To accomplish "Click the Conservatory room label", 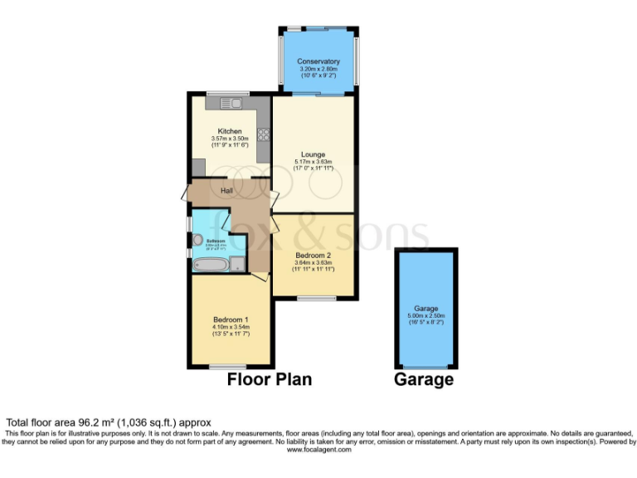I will [x=319, y=61].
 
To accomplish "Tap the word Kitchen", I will [x=230, y=131].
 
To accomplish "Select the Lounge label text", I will [x=314, y=154].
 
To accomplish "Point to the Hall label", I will [x=226, y=191].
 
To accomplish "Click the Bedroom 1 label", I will [x=231, y=319].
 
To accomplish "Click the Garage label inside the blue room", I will [x=425, y=308].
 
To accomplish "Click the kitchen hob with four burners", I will [x=264, y=134].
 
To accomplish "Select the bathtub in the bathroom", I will [x=210, y=265].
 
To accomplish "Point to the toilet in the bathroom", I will [x=197, y=240].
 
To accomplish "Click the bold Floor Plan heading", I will [x=270, y=379].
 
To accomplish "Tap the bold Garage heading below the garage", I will [x=425, y=379].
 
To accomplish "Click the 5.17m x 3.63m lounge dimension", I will [x=314, y=162].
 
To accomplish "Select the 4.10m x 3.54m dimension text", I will [x=231, y=327].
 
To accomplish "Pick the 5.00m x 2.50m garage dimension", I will [x=425, y=315].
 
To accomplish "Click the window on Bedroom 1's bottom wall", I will [x=227, y=367].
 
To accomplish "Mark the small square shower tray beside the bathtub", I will [x=238, y=265].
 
